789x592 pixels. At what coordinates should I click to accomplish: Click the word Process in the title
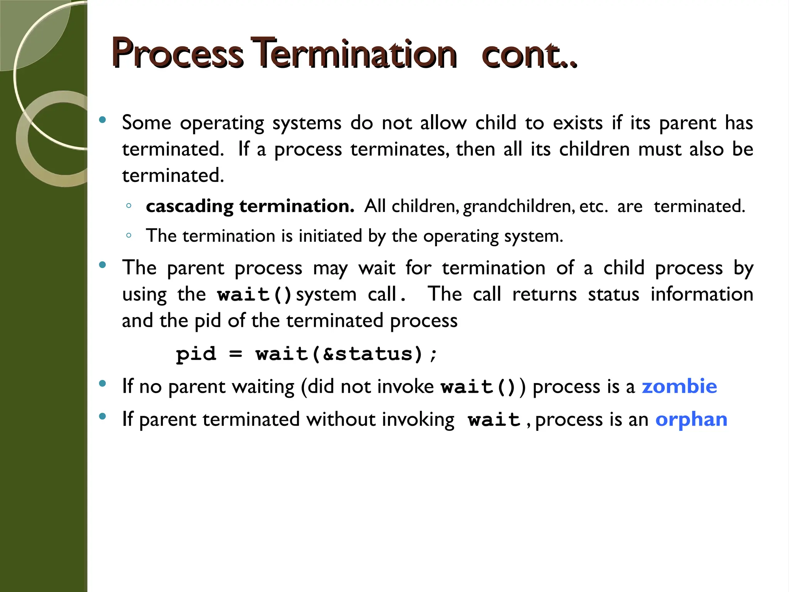tap(177, 54)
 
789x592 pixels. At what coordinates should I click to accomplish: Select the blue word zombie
tap(679, 386)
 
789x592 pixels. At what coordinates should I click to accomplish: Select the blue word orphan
tap(691, 419)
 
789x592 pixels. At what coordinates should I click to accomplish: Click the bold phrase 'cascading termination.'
tap(250, 206)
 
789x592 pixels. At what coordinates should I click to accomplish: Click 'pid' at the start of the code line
tap(196, 354)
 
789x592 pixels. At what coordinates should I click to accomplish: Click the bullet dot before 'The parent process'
tap(102, 265)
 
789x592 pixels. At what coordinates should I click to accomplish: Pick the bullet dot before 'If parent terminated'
tap(102, 416)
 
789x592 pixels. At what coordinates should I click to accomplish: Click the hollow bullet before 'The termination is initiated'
tap(129, 235)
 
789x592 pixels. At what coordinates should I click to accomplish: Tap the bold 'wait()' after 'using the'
tap(255, 295)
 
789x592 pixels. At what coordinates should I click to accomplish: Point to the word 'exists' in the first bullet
tap(577, 123)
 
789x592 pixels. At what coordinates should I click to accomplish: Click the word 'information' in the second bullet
tap(702, 294)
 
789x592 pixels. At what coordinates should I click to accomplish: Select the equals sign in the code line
tap(235, 354)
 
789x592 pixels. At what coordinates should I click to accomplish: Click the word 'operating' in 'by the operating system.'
tap(461, 236)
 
